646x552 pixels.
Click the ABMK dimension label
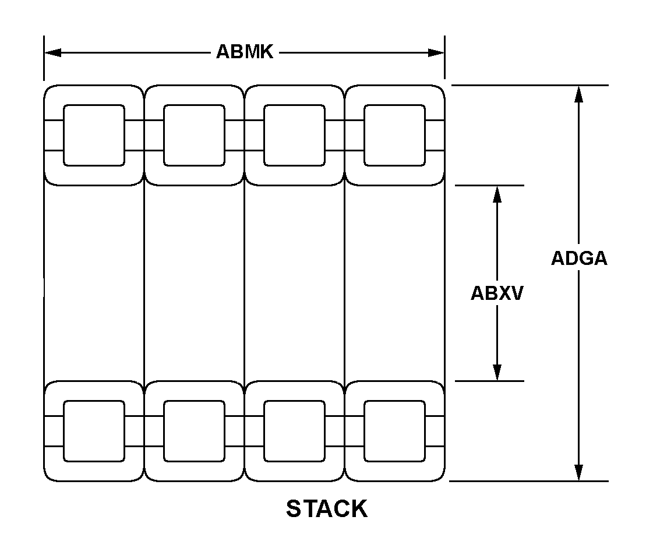point(245,52)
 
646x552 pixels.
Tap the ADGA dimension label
point(579,259)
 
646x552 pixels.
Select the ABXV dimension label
point(497,293)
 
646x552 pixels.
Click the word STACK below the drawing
point(327,509)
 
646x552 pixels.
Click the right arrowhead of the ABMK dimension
point(436,52)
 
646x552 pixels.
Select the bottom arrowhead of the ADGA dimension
point(578,472)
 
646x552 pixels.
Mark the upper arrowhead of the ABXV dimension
point(497,194)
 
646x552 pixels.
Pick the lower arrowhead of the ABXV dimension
point(497,372)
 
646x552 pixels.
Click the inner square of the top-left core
point(94,135)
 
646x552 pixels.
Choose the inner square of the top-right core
point(394,135)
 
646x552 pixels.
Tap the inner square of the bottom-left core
point(94,431)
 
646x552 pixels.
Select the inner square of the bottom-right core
point(394,431)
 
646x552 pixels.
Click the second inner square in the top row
point(194,135)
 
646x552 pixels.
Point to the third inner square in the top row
point(294,135)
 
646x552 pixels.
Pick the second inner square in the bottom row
point(194,431)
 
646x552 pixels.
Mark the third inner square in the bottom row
point(294,431)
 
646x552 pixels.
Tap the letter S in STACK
point(294,509)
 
